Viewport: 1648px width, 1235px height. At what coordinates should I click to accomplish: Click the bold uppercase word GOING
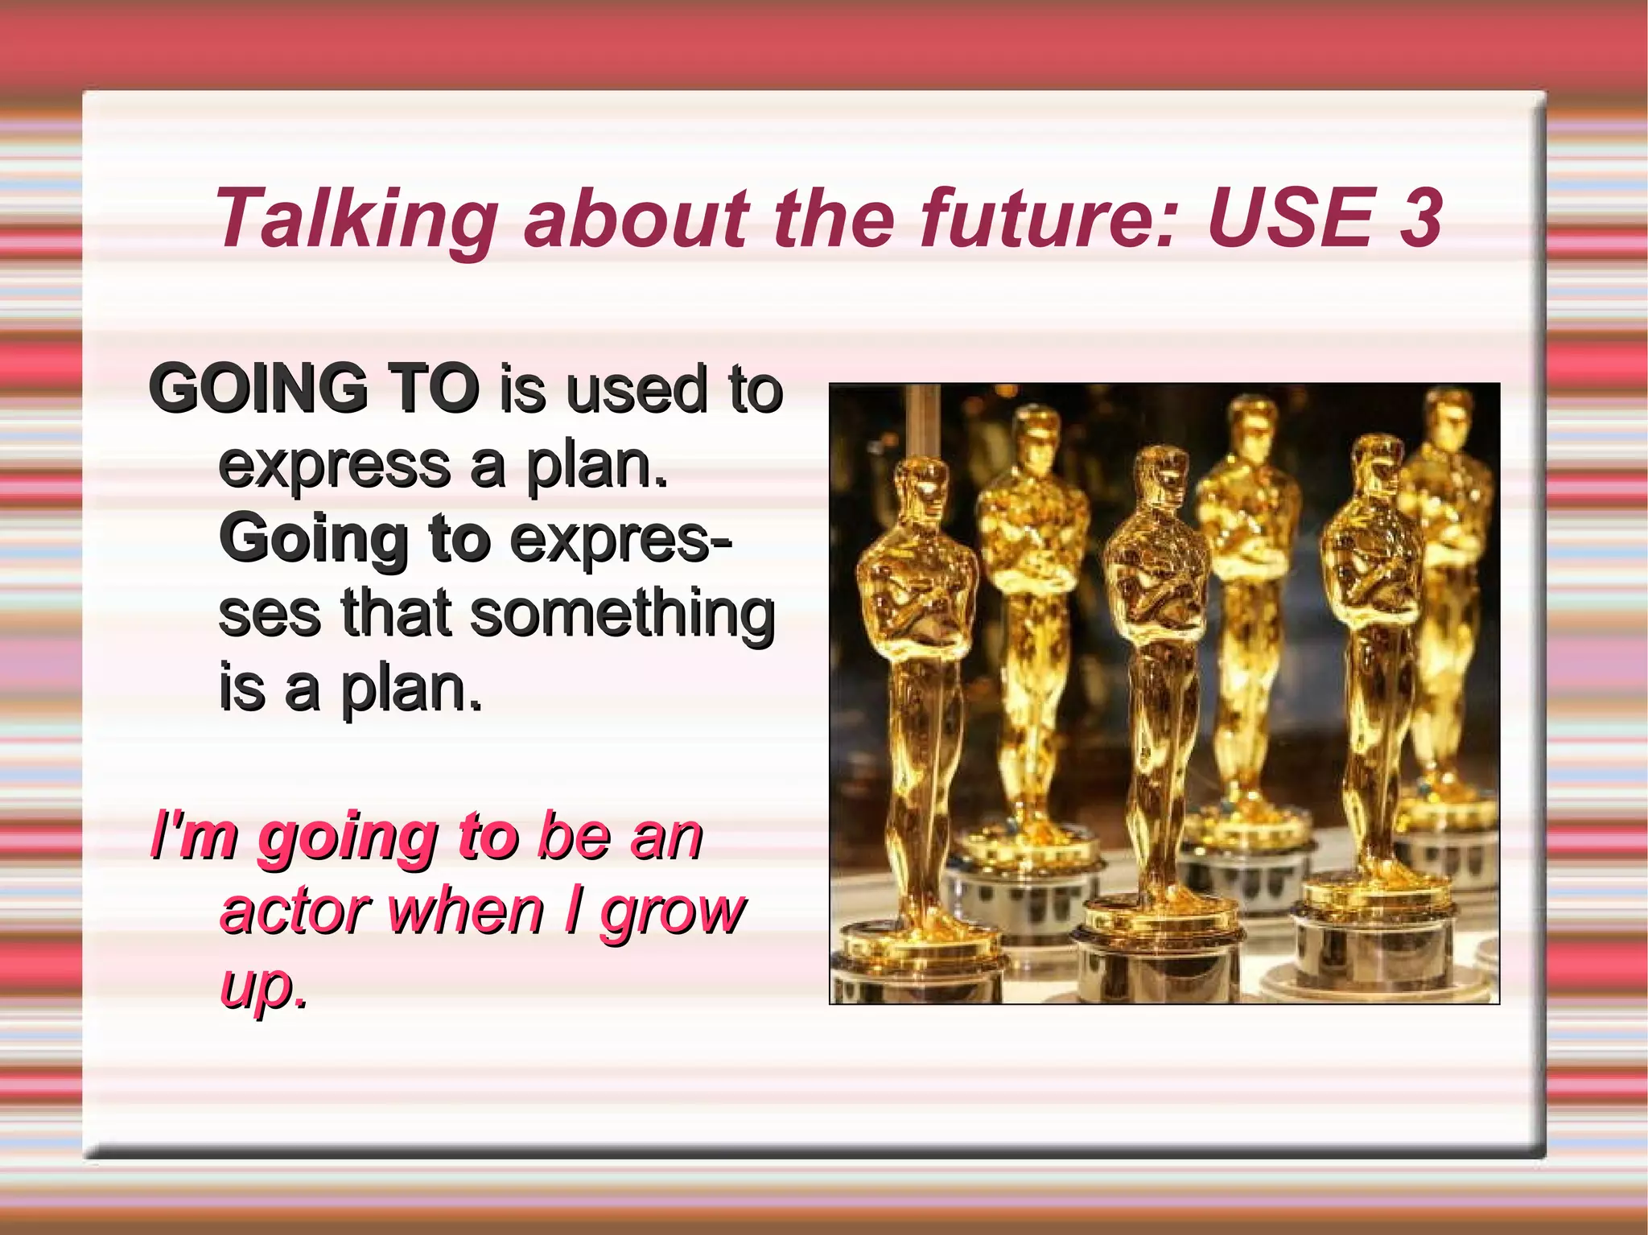coord(258,389)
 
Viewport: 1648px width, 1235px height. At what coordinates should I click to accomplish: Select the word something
coord(622,615)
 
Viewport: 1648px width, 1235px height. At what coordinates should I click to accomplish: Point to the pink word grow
coord(673,914)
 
